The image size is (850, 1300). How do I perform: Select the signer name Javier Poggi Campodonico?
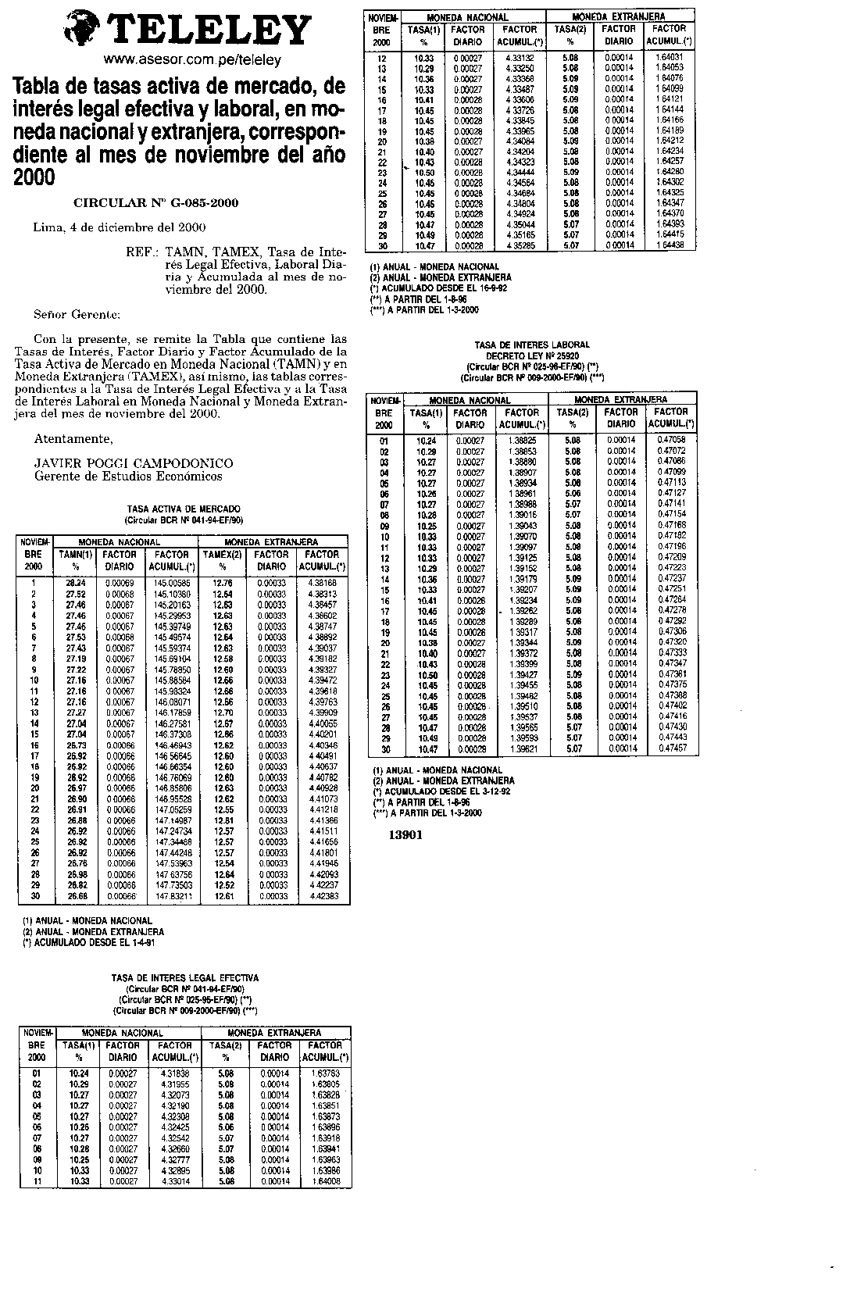coord(134,463)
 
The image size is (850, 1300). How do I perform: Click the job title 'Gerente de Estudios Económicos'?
coord(128,476)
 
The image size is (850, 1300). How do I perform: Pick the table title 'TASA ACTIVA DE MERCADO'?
coord(184,509)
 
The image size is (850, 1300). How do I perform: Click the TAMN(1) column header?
coord(77,555)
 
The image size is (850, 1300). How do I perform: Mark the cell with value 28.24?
coord(77,583)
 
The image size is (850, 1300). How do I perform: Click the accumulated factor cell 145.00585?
coord(173,583)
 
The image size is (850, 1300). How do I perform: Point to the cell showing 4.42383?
coord(323,896)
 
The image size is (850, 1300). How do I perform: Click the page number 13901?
coord(405,834)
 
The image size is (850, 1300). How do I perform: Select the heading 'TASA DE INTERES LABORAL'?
coord(532,345)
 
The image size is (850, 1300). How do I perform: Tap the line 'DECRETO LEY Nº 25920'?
coord(532,355)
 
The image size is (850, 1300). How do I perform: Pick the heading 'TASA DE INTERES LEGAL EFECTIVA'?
coord(185,977)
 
